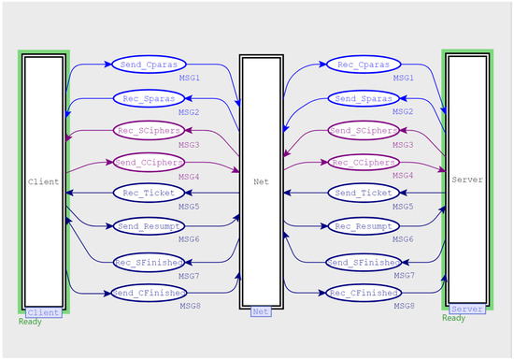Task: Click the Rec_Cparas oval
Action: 358,65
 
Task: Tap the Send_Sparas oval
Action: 358,97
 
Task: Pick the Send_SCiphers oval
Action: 358,130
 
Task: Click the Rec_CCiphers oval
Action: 358,163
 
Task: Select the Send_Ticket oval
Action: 358,194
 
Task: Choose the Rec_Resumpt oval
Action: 358,226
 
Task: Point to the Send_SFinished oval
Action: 358,261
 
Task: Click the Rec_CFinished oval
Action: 358,294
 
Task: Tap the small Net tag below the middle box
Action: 261,311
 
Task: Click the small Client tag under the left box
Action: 43,312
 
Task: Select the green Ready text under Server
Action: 453,319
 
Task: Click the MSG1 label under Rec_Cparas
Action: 403,79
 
